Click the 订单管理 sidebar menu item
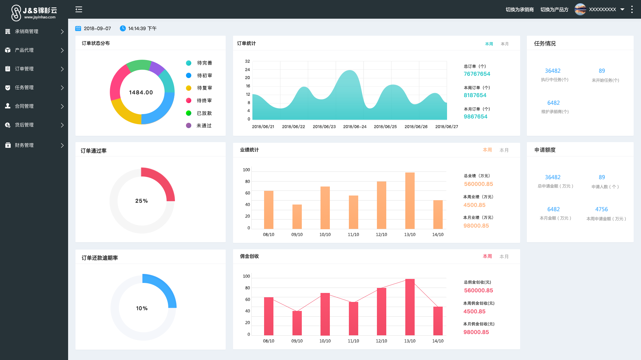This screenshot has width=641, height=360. pos(24,69)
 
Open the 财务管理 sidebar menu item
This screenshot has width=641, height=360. pos(24,145)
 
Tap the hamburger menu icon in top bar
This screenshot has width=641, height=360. pos(79,9)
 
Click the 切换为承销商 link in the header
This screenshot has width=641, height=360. pos(519,9)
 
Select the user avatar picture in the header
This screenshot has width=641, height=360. pos(580,9)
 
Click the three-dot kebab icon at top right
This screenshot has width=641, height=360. pos(632,9)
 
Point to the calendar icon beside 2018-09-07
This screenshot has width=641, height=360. pos(78,28)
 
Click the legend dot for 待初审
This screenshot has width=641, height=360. pos(189,75)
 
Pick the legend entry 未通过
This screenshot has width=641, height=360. pos(204,125)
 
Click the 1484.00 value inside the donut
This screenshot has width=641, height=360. pos(141,92)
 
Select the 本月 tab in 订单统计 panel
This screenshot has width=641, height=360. pos(504,44)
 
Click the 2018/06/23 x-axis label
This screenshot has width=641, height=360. pos(324,126)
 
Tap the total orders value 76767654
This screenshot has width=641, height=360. pos(477,74)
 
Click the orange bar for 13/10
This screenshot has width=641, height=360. pos(410,200)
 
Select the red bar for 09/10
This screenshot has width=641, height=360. pos(297,323)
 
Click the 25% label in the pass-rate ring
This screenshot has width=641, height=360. pos(142,201)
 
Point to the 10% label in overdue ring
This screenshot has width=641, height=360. pos(142,308)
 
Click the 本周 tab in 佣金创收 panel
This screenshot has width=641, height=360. pos(487,256)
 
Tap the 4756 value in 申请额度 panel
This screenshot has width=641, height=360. pos(601,209)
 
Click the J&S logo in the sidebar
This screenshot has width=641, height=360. pos(34,13)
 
